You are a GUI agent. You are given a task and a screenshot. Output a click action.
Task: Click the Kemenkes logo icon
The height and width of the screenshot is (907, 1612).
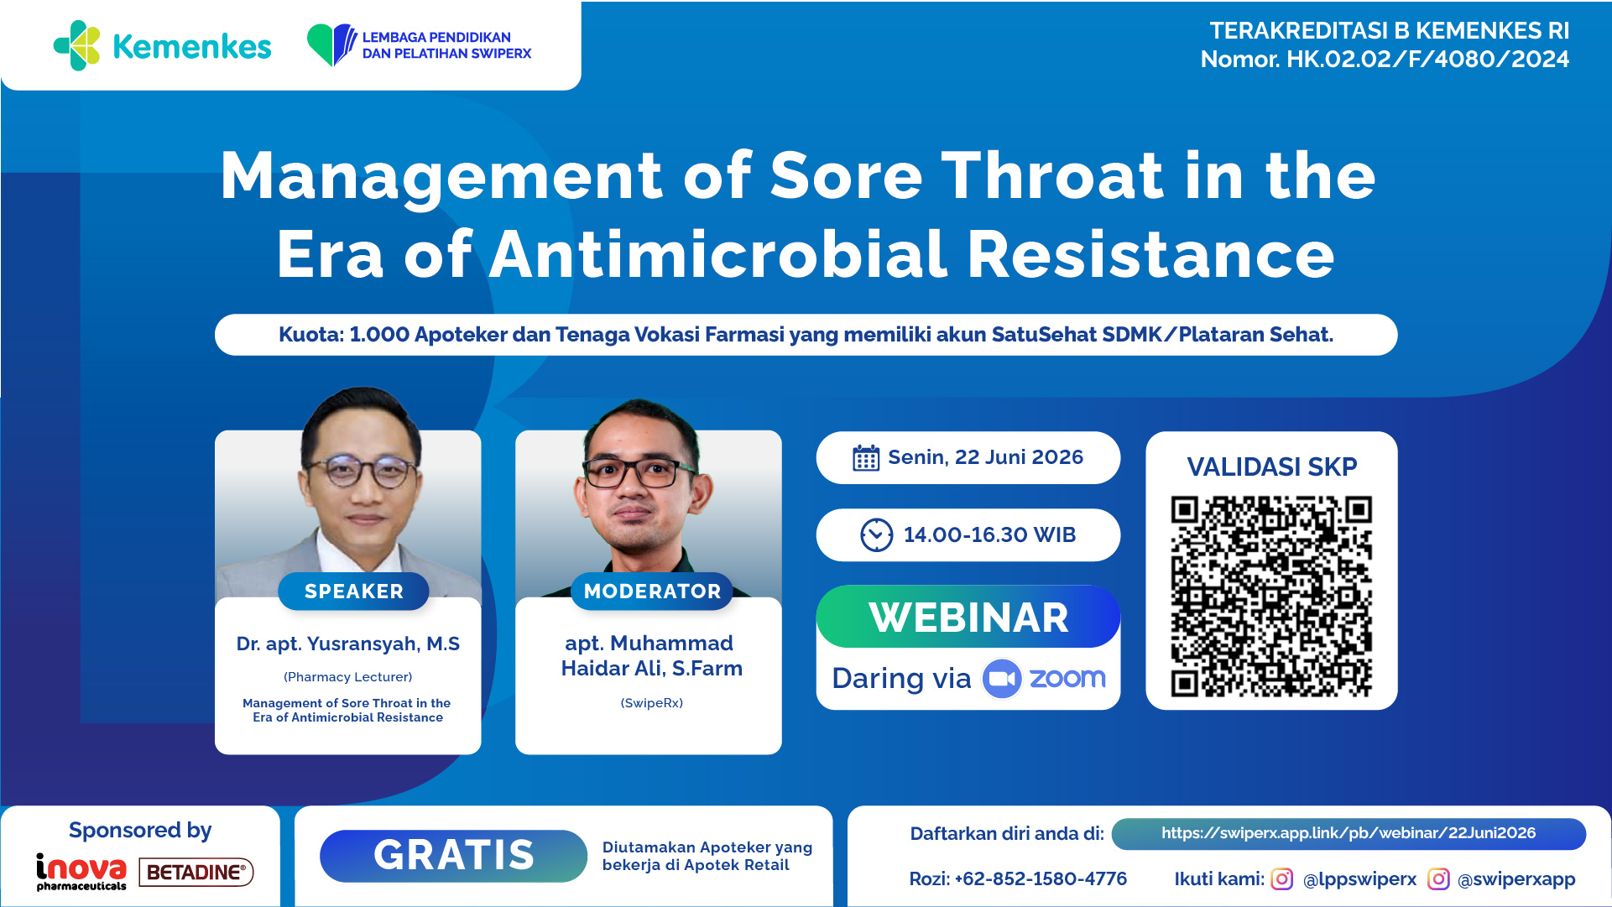[77, 45]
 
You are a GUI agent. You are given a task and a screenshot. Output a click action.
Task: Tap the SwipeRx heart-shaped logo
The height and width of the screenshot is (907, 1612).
[332, 44]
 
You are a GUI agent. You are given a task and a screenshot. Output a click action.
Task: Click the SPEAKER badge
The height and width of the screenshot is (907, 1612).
[353, 592]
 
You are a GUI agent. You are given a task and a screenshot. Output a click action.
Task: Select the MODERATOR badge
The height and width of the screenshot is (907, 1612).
[652, 592]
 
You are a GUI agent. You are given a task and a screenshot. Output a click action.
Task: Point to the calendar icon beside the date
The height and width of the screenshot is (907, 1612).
[866, 458]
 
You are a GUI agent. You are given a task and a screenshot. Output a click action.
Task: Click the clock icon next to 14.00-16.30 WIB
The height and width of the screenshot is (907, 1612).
[877, 534]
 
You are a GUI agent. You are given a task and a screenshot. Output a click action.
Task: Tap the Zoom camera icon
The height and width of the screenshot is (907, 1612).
[1002, 678]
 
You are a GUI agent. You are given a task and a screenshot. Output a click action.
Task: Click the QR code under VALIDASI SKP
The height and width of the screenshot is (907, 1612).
[1271, 597]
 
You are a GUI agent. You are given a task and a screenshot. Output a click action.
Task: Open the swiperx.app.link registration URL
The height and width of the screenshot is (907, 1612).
[1349, 833]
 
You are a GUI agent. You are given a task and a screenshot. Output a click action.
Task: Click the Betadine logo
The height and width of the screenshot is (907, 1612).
[196, 873]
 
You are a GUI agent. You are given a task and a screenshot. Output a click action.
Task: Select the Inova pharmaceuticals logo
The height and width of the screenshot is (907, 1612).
[81, 872]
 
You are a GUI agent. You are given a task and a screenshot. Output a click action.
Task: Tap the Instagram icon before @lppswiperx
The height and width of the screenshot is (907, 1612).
[1282, 878]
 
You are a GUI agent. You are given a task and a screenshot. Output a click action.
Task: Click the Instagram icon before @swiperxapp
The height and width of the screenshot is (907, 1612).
[1438, 878]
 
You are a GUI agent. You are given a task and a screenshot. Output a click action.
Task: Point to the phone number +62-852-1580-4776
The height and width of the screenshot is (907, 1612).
[1041, 878]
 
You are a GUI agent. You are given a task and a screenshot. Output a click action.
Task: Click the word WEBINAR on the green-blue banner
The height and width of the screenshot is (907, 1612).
[968, 618]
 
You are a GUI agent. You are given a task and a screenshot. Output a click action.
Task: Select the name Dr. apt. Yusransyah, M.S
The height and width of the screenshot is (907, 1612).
[348, 644]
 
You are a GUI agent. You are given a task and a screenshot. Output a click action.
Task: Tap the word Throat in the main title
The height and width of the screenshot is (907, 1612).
[1052, 176]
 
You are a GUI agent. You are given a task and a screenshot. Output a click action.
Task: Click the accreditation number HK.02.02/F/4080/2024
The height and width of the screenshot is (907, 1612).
[1427, 60]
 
